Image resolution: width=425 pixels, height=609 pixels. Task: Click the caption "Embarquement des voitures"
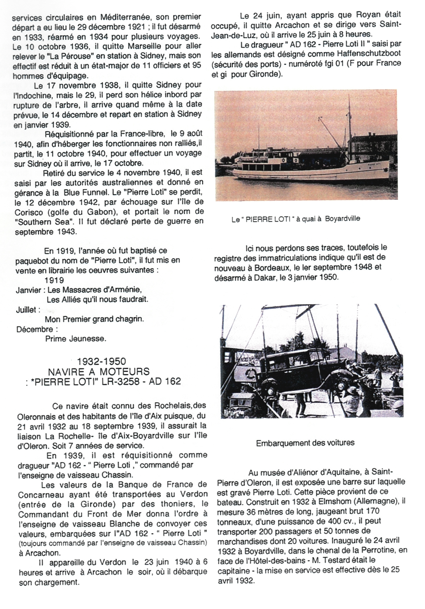[305, 443]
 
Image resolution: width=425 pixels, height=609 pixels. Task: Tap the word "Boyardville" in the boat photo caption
[342, 219]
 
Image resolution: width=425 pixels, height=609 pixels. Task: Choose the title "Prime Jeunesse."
[76, 339]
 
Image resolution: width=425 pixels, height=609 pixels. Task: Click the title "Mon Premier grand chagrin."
[94, 319]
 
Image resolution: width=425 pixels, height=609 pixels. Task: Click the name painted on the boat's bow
[374, 163]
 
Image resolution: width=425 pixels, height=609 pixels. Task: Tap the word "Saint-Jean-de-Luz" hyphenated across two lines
[389, 25]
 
